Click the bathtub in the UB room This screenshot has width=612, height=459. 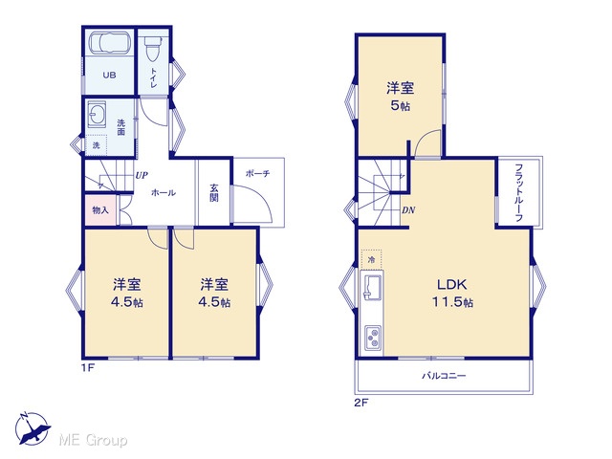tap(109, 43)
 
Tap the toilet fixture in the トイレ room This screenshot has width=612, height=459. tap(153, 49)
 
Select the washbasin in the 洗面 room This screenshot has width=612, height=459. tap(97, 114)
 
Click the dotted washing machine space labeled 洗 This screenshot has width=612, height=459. tap(96, 145)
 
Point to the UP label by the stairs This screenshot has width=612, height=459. tap(142, 175)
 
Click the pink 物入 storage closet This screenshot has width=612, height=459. tap(100, 210)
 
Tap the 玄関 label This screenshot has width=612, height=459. tap(214, 192)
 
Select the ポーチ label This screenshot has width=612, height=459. tap(257, 173)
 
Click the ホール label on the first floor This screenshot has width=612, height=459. tap(164, 192)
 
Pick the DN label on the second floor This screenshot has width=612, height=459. tap(408, 210)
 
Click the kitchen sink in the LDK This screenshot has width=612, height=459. tap(372, 287)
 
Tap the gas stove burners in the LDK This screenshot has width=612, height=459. tap(373, 338)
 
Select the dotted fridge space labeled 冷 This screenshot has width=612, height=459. tap(371, 259)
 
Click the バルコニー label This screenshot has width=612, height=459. tap(444, 376)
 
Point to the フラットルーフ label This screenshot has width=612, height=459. tap(518, 193)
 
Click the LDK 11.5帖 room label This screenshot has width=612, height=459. tap(452, 293)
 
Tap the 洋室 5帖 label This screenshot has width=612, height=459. tap(401, 97)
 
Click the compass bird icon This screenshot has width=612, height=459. tap(33, 428)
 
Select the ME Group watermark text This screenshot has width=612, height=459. tap(93, 440)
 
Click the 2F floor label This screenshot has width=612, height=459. tap(361, 403)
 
